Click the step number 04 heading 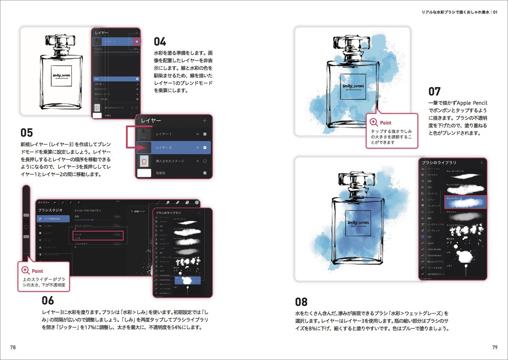160,42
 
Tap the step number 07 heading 435,91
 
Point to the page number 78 13,347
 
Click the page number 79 495,347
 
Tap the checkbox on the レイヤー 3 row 205,148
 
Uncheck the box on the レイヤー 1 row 205,134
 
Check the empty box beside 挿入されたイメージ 205,161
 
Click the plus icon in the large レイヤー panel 205,121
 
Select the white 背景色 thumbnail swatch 144,173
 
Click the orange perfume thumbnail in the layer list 144,161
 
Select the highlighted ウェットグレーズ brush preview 465,203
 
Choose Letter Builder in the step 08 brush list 434,249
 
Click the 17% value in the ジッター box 117,235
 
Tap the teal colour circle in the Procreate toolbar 197,203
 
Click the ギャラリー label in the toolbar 44,203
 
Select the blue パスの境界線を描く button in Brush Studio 53,219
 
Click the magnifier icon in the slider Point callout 26,270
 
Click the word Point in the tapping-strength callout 386,123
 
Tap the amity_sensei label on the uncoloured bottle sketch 62,76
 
